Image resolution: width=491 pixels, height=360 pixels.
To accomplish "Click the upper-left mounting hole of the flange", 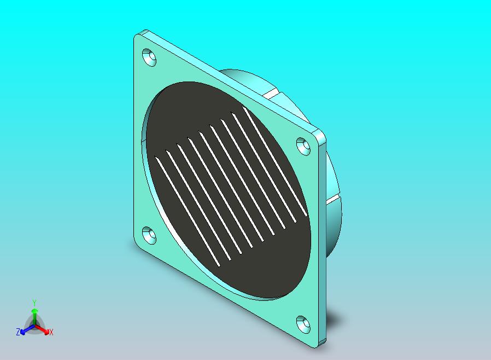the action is click(x=149, y=57).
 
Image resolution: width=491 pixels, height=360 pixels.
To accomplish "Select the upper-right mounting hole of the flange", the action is click(x=303, y=146).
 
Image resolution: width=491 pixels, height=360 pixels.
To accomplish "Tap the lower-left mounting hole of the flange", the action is click(x=149, y=235).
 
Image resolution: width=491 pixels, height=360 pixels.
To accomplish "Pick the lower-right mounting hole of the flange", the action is click(x=303, y=324).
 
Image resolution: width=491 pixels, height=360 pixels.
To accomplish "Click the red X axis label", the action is click(x=51, y=332).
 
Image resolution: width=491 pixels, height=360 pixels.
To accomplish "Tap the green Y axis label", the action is click(x=34, y=303).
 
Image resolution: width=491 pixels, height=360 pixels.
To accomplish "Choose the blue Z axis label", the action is click(x=18, y=332).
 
